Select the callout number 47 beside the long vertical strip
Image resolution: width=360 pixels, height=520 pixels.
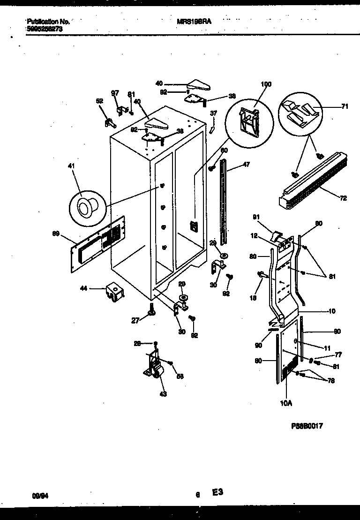(x=247, y=165)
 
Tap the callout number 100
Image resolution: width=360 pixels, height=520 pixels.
(x=266, y=84)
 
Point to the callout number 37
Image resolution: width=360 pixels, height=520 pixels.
(x=213, y=113)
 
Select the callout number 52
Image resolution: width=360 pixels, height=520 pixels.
(x=99, y=101)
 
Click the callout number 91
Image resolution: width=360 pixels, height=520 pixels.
(x=256, y=217)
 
